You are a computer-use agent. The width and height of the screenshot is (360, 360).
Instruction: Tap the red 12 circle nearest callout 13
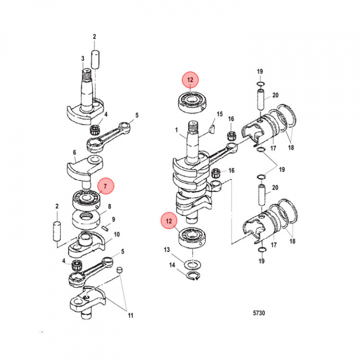pyautogui.click(x=169, y=220)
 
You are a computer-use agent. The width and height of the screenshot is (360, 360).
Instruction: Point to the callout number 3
pyautogui.click(x=83, y=58)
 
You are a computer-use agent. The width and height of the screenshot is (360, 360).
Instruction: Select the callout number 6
pyautogui.click(x=74, y=153)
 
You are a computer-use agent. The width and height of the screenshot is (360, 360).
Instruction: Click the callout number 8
pyautogui.click(x=109, y=206)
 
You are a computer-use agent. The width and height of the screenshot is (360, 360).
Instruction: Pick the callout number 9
pyautogui.click(x=113, y=219)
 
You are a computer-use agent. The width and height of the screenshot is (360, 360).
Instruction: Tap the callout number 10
pyautogui.click(x=117, y=234)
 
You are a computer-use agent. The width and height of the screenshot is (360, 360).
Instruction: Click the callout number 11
pyautogui.click(x=131, y=315)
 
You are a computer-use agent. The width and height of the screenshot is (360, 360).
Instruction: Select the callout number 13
pyautogui.click(x=167, y=249)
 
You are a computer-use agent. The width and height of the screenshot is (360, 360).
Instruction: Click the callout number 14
pyautogui.click(x=171, y=265)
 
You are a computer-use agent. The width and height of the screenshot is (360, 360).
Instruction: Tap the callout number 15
pyautogui.click(x=218, y=114)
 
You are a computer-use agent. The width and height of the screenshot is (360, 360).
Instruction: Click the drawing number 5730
pyautogui.click(x=259, y=313)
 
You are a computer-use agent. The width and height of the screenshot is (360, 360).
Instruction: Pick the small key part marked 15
pyautogui.click(x=211, y=129)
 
